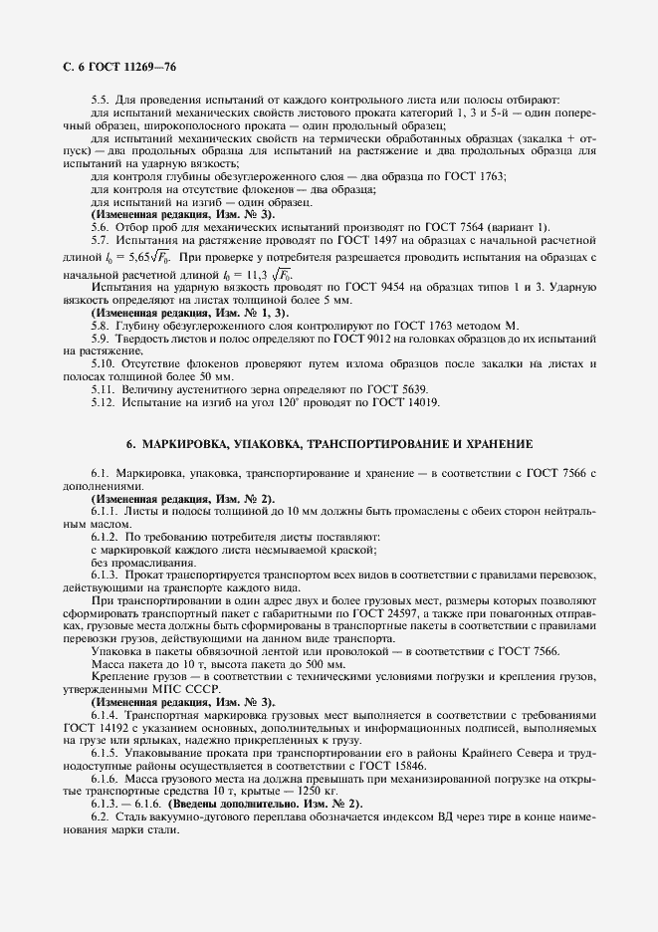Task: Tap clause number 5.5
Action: point(101,99)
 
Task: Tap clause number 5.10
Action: point(104,365)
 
